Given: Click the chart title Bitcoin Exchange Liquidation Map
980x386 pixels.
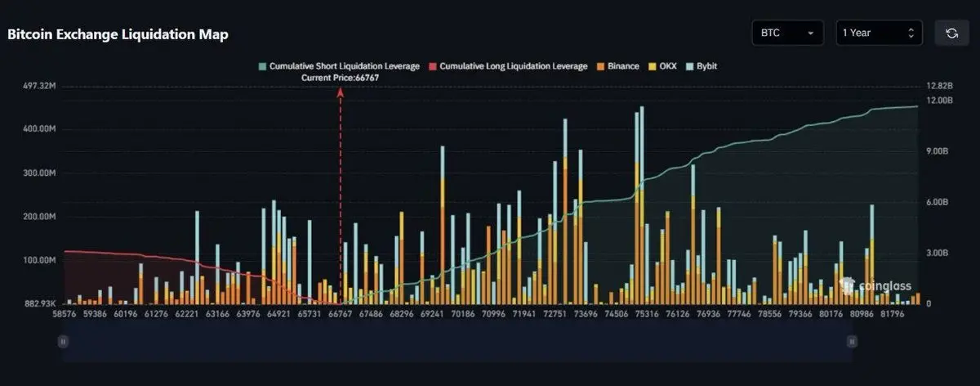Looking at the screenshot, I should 118,34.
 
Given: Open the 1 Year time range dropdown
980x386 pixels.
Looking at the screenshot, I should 878,33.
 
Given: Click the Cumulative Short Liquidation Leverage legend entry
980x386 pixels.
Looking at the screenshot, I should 339,65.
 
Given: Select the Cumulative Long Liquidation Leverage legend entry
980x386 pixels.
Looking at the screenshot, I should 508,65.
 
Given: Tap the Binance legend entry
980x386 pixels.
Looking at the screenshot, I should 618,65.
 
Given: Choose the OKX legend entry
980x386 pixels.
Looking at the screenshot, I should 663,65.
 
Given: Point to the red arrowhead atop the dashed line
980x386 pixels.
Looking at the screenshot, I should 341,92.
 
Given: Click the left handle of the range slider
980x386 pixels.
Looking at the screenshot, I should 61,341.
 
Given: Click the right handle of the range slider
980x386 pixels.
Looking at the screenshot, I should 852,341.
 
